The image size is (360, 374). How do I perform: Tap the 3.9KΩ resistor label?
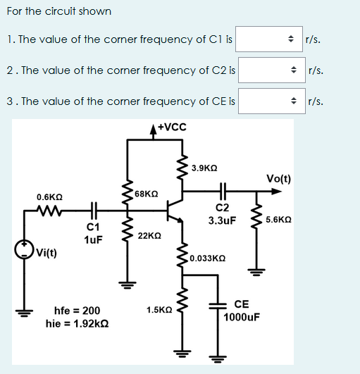tap(205, 168)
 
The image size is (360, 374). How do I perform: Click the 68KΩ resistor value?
tap(146, 193)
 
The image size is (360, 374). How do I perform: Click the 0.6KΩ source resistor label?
tap(50, 197)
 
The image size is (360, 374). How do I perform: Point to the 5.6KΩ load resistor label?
tap(280, 220)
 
